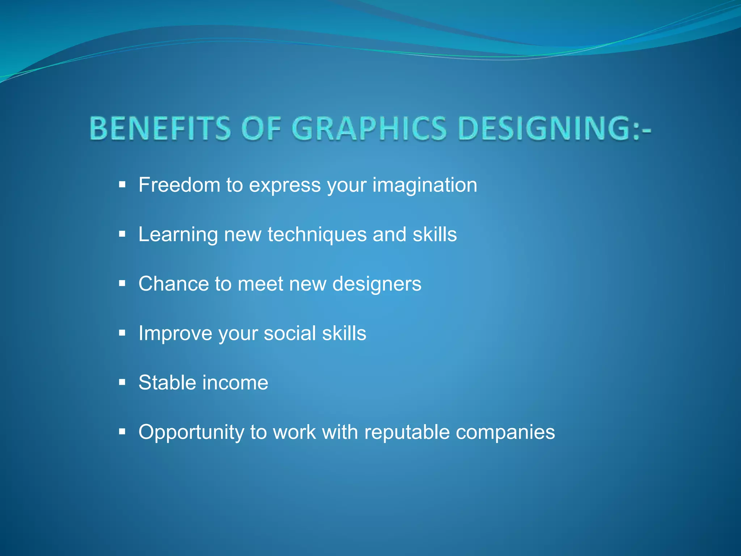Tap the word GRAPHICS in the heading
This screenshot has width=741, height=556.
[x=369, y=128]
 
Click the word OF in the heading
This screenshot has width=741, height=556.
[x=261, y=128]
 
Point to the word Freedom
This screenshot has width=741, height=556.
[x=179, y=185]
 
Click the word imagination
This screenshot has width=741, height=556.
[x=425, y=185]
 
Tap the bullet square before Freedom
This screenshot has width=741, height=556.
[x=122, y=185]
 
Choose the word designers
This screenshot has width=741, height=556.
[x=377, y=284]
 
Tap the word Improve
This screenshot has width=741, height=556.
[x=175, y=333]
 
